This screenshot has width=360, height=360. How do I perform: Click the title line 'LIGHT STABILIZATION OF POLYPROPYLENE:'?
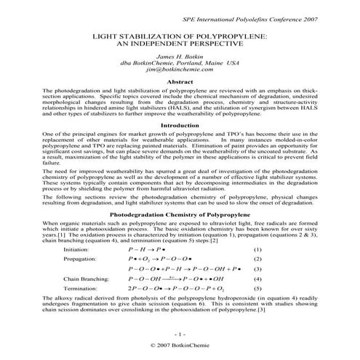click(x=180, y=35)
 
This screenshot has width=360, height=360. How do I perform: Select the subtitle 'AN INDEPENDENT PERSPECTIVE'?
click(x=180, y=43)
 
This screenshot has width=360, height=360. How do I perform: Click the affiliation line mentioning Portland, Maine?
click(x=180, y=65)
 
